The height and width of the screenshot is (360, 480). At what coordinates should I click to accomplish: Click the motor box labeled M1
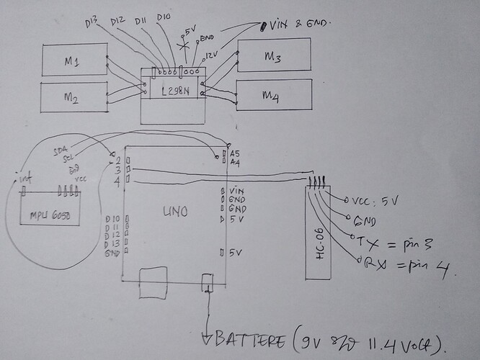(73, 60)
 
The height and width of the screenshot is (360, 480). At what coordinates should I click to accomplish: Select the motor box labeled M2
(73, 97)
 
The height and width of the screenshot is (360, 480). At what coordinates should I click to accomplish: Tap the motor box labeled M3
(275, 55)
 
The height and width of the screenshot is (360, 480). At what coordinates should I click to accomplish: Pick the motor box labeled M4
(274, 94)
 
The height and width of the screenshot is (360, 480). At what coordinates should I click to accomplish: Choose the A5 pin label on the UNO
(235, 153)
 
